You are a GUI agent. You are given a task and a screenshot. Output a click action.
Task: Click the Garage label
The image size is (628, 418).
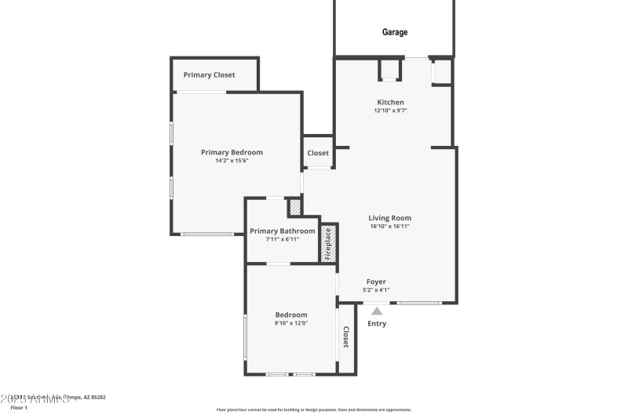(395, 32)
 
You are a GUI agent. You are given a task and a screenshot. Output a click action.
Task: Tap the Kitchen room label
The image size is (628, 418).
(390, 103)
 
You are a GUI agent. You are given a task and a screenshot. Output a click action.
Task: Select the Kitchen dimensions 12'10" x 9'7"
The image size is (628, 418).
(390, 111)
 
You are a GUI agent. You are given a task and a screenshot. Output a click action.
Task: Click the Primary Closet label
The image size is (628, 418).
(209, 75)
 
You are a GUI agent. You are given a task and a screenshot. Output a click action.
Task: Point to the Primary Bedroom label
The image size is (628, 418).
(232, 152)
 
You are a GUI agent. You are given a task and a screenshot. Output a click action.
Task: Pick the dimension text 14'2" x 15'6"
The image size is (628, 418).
(232, 161)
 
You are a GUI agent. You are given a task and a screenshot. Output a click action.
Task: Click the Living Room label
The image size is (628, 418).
(390, 218)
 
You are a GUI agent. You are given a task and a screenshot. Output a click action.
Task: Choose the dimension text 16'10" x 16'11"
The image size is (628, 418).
(390, 227)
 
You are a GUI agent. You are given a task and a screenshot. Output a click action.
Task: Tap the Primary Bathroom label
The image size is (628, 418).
(282, 231)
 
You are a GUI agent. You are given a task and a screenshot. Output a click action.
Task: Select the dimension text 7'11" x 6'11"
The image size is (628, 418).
(282, 239)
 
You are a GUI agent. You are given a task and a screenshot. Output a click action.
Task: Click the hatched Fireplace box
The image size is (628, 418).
(329, 243)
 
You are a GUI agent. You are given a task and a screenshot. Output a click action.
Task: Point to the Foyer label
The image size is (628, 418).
(376, 282)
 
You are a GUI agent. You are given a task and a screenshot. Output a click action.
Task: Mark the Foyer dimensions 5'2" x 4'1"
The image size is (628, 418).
(376, 290)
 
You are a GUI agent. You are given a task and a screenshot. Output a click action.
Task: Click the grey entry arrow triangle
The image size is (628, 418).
(377, 311)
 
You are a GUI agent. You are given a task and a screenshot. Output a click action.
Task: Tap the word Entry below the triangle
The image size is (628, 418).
(377, 323)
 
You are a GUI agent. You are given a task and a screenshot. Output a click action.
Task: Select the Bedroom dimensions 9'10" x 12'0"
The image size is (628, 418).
(291, 323)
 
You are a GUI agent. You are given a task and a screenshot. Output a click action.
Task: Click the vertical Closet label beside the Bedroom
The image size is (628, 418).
(345, 337)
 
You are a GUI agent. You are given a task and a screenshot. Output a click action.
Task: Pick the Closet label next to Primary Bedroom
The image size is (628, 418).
(318, 153)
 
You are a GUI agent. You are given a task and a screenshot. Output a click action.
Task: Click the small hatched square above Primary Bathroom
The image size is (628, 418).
(294, 207)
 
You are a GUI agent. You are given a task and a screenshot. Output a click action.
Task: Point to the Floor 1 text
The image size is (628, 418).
(19, 408)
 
